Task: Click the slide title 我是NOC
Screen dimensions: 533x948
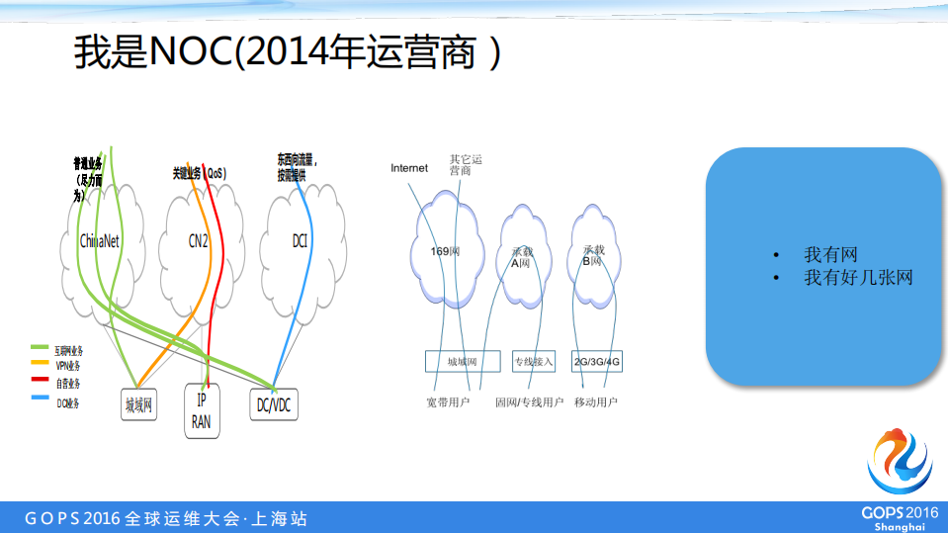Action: click(287, 53)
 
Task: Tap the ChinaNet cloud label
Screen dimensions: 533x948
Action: click(100, 240)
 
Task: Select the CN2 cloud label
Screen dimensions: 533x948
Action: click(198, 240)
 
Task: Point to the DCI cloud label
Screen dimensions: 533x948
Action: click(300, 239)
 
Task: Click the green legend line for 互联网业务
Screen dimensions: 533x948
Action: click(41, 348)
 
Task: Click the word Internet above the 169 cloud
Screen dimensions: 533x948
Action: click(409, 168)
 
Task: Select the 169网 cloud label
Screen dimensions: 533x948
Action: click(445, 251)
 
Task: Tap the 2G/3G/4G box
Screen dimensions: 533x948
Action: click(597, 362)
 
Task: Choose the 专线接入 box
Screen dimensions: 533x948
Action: click(534, 362)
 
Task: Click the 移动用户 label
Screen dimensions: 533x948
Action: click(595, 402)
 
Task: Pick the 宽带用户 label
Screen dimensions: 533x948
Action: click(448, 402)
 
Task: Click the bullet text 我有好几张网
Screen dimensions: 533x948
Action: click(857, 278)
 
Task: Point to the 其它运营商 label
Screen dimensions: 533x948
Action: click(465, 164)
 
